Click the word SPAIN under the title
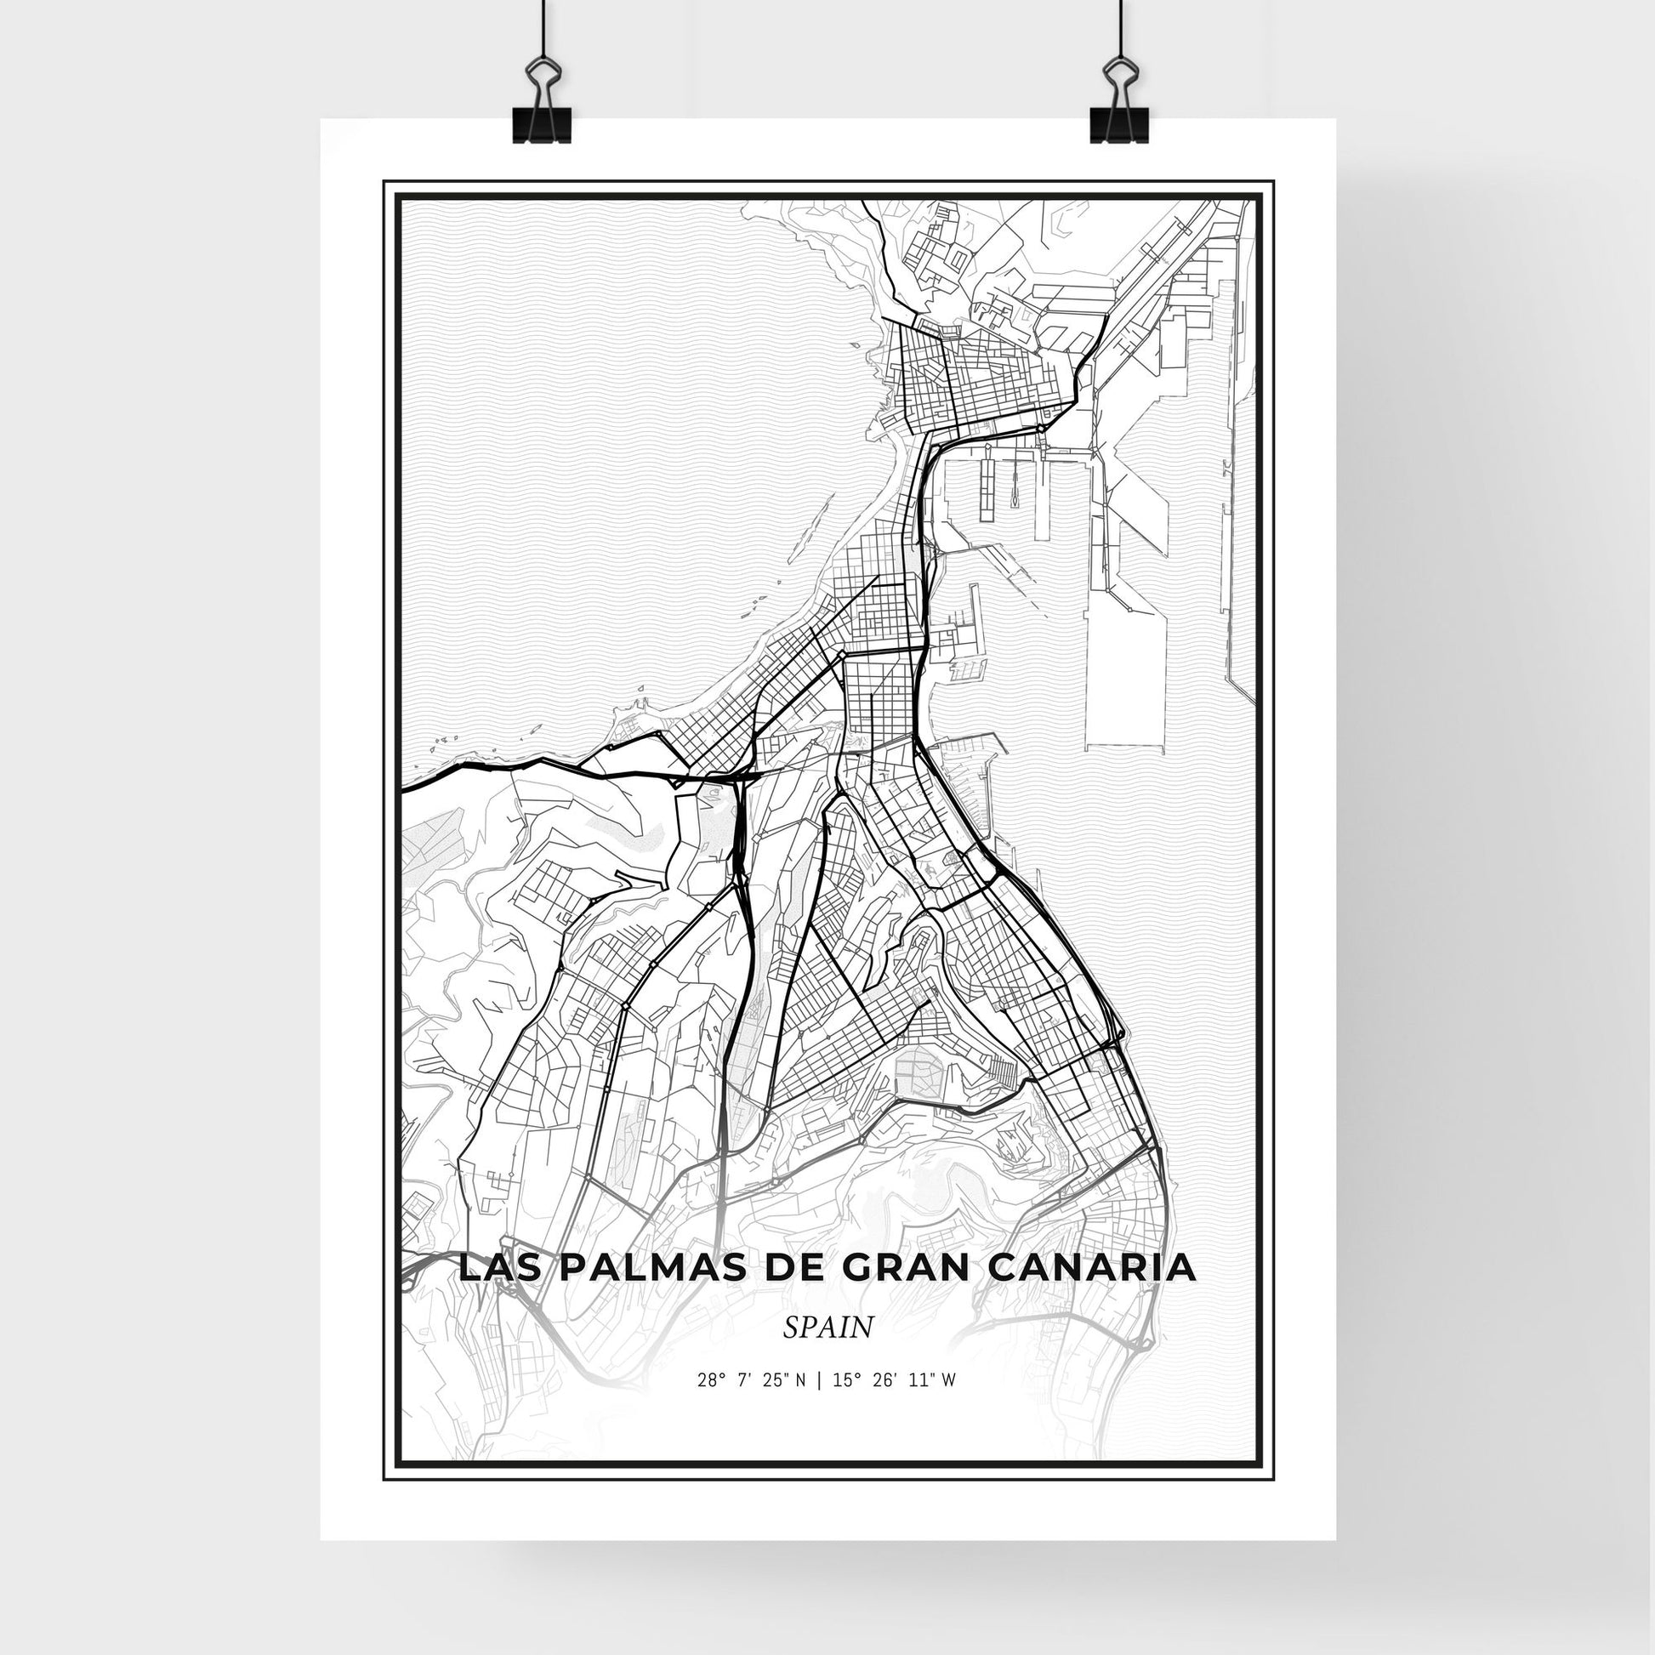tap(827, 1351)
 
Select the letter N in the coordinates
tap(799, 1404)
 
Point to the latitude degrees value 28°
tap(711, 1404)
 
